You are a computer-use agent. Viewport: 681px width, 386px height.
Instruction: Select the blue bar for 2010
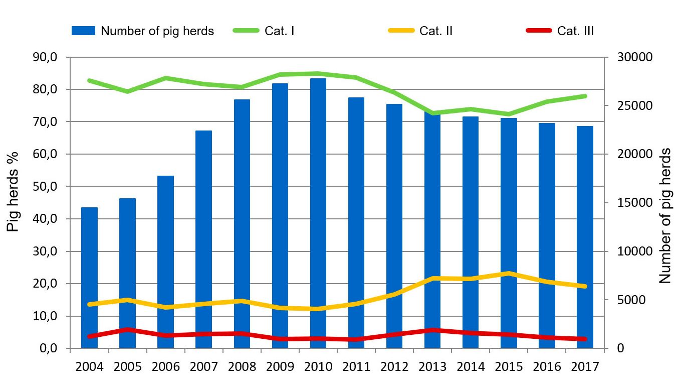pyautogui.click(x=318, y=213)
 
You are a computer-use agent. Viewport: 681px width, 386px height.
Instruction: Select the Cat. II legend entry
pyautogui.click(x=421, y=31)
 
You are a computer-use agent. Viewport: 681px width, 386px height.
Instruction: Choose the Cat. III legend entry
pyautogui.click(x=560, y=31)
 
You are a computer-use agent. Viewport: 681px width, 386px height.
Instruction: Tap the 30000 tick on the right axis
pyautogui.click(x=627, y=57)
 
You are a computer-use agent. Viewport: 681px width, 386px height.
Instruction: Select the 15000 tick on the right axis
pyautogui.click(x=627, y=203)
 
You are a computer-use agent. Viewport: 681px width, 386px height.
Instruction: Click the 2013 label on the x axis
pyautogui.click(x=432, y=366)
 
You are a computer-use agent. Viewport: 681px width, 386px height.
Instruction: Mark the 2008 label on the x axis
pyautogui.click(x=242, y=366)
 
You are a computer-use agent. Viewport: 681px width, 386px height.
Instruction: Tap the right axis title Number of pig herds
pyautogui.click(x=665, y=216)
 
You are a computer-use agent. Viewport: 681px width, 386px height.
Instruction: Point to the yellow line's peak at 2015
pyautogui.click(x=508, y=274)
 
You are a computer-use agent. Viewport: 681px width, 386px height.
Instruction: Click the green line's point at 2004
pyautogui.click(x=89, y=80)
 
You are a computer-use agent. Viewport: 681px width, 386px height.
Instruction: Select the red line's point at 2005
pyautogui.click(x=127, y=329)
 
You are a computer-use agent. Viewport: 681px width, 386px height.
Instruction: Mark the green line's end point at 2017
pyautogui.click(x=584, y=96)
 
